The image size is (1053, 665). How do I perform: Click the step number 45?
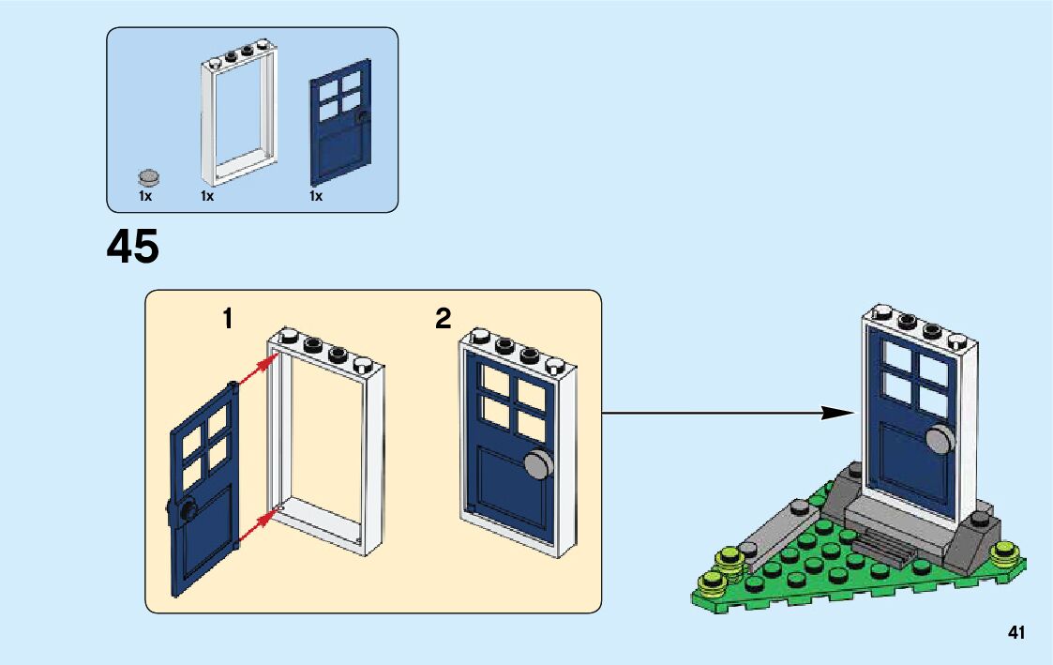point(132,247)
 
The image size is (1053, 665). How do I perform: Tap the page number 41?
point(1016,632)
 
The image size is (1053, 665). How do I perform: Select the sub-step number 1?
point(229,318)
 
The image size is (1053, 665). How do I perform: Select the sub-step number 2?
point(444,318)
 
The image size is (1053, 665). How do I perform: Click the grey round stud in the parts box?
point(149,177)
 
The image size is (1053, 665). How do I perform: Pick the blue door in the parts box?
point(339,122)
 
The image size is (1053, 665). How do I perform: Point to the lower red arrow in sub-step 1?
point(258,525)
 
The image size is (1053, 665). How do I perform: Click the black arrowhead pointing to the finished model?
point(839,413)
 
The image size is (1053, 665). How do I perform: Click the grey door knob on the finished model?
point(940,440)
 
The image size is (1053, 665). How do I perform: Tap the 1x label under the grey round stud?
point(145,196)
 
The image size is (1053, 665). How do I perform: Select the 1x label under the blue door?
point(316,196)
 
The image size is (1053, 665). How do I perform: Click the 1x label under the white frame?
point(207,196)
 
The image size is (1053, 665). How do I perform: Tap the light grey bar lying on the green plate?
point(780,535)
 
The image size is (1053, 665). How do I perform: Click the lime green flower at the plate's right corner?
point(1008,554)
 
